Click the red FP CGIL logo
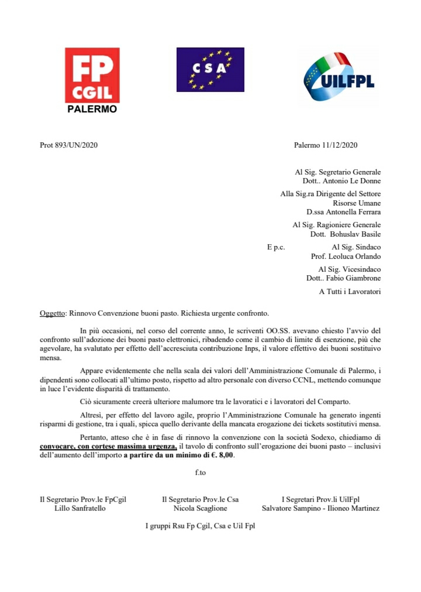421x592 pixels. point(92,76)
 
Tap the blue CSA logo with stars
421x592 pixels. point(210,69)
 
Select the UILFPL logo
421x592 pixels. point(337,78)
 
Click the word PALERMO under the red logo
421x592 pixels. point(92,109)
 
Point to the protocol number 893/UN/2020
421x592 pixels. point(72,145)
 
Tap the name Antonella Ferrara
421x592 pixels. point(351,211)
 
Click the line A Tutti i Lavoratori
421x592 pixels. point(350,292)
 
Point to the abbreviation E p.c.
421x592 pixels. point(276,247)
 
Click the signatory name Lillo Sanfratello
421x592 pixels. point(80,508)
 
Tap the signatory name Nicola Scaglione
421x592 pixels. point(199,508)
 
